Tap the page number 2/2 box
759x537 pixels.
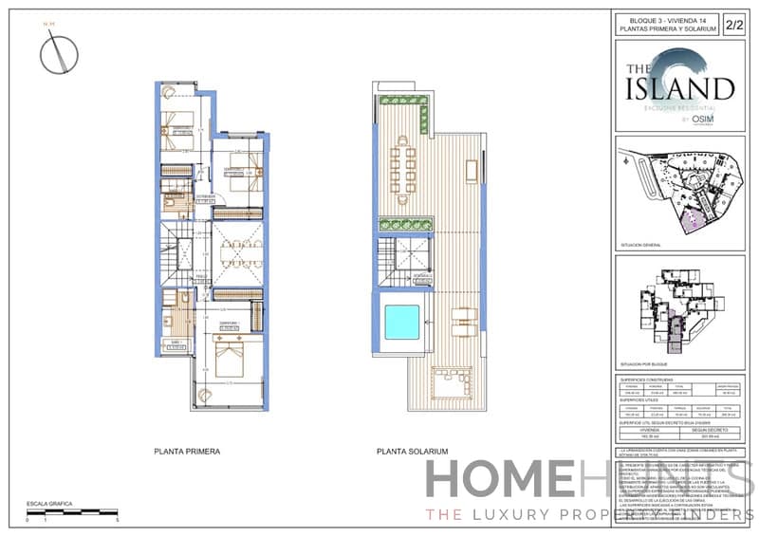click(x=732, y=26)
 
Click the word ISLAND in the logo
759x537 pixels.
click(x=678, y=90)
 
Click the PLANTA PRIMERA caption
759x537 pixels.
click(x=188, y=452)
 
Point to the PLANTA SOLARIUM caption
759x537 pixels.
click(x=412, y=452)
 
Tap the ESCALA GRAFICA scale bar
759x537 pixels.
click(x=71, y=511)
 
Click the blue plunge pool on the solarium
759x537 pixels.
click(x=401, y=323)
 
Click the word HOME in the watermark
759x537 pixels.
click(x=498, y=480)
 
